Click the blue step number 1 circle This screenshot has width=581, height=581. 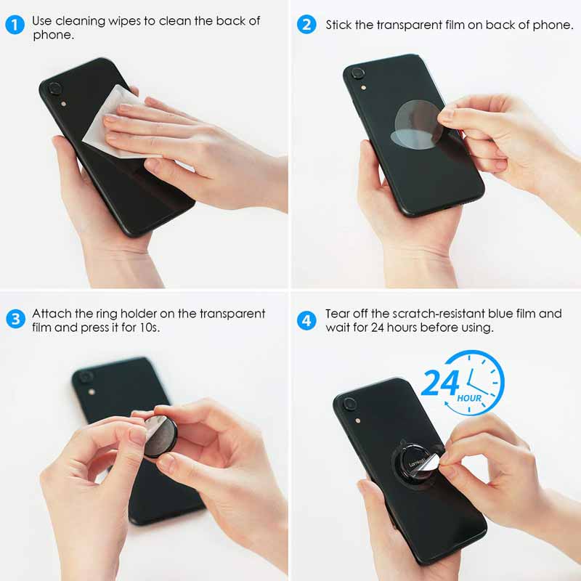point(15,25)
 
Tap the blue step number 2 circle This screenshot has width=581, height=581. point(306,25)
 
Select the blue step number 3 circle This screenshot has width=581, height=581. point(15,319)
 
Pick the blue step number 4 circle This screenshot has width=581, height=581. point(306,320)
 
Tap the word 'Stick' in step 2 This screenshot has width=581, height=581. point(338,25)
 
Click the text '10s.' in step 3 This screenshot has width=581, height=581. point(150,328)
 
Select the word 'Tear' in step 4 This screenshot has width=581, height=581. point(337,314)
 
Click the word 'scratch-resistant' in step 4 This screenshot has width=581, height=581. point(439,314)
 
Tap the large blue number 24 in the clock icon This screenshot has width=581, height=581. point(441,383)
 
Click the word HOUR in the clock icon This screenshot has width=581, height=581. point(469,398)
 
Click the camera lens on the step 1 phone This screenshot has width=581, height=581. point(54,89)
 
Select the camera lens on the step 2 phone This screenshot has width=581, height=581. point(357,73)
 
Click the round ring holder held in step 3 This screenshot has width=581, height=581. point(160,435)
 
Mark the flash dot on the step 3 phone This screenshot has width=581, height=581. point(92,391)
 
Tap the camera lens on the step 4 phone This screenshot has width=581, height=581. point(349,404)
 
